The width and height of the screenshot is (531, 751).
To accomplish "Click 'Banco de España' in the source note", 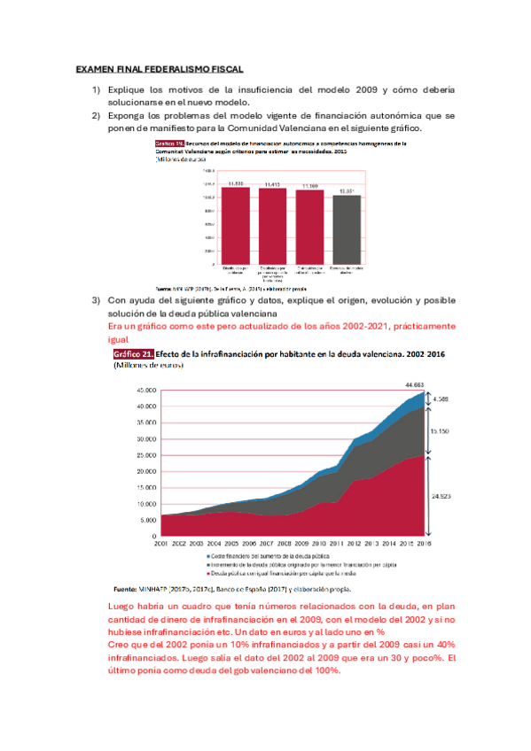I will (248, 589).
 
